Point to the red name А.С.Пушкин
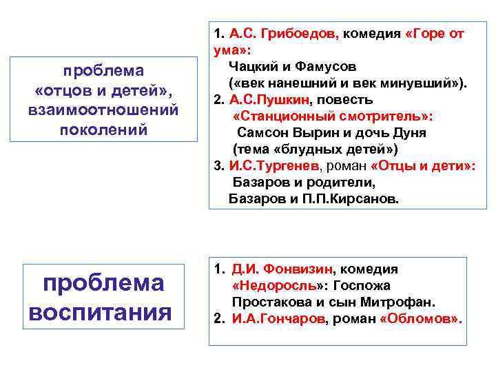pos(271,101)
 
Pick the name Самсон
pos(262,133)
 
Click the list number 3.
pos(217,166)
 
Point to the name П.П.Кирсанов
pos(352,199)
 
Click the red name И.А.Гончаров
pos(278,319)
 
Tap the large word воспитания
pos(100,311)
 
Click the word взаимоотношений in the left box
pos(103,110)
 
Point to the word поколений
pos(103,129)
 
